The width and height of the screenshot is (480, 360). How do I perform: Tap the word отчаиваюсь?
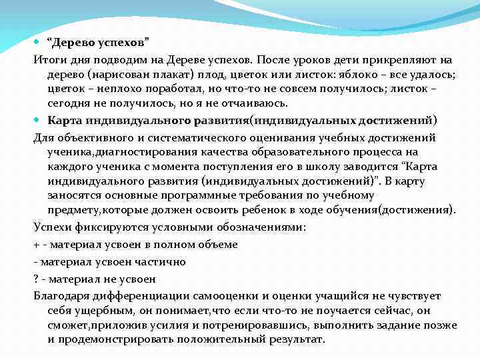[252, 104]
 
